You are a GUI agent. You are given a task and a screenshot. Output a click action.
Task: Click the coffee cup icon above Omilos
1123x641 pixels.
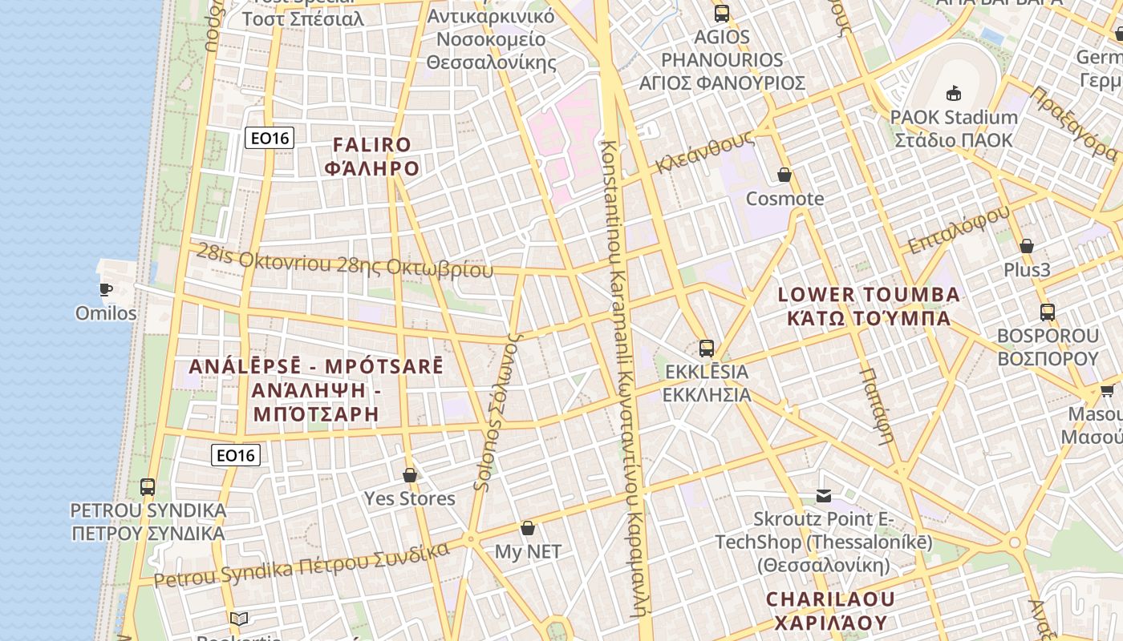(105, 289)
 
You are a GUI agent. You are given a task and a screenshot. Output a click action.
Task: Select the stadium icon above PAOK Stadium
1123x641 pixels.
(954, 94)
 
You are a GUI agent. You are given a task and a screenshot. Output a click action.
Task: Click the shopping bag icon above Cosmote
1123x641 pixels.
(784, 175)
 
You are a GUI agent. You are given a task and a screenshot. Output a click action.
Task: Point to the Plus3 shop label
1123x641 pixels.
(1027, 270)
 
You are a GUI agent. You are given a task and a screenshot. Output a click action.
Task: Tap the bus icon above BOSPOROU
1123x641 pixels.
(1047, 312)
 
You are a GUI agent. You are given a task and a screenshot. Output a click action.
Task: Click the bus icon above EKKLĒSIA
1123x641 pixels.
(706, 349)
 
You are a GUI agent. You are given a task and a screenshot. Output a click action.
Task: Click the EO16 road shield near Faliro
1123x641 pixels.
(270, 138)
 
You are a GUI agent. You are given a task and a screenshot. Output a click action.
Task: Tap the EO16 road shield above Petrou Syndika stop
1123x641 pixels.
(236, 455)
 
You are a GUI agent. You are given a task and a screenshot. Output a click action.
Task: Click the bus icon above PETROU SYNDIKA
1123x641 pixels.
(148, 486)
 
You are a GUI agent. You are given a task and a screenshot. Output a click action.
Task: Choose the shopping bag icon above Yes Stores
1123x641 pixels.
(410, 475)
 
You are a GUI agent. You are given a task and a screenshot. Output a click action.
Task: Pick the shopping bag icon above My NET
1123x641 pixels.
(527, 528)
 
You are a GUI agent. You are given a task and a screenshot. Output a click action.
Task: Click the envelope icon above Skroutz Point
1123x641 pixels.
(824, 496)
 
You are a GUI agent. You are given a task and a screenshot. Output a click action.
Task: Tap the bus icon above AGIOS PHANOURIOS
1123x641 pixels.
(722, 14)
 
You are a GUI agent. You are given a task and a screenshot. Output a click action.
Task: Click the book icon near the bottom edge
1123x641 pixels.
(238, 619)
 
